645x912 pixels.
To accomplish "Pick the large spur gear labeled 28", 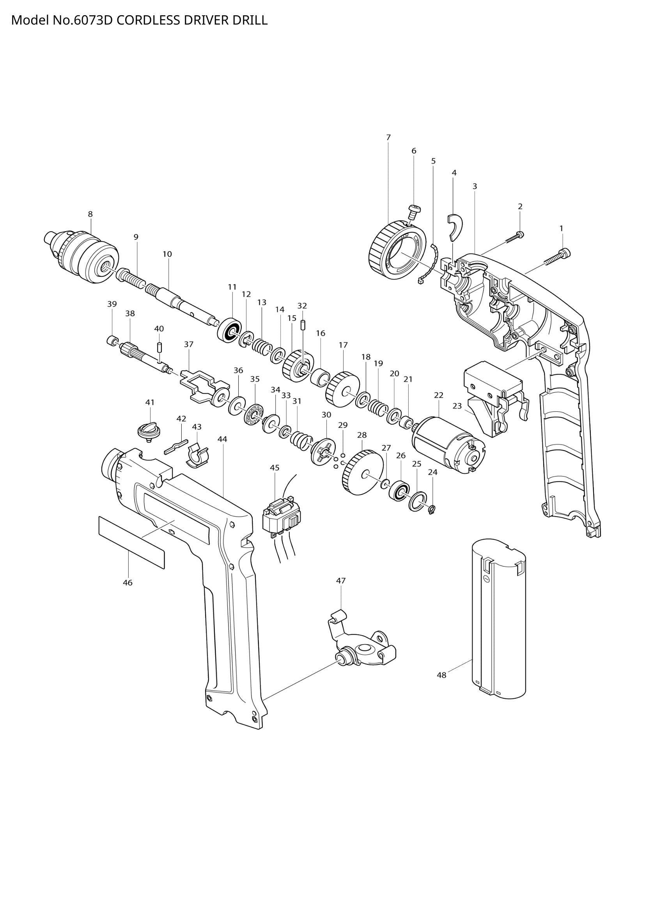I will tap(363, 473).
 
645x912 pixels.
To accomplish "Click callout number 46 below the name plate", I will tap(128, 583).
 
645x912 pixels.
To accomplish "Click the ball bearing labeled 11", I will tap(230, 329).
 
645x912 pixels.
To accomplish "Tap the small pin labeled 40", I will tap(159, 347).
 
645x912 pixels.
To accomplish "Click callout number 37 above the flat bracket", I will tap(189, 344).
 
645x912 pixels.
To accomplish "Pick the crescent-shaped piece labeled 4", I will tap(455, 227).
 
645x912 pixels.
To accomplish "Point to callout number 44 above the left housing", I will tap(222, 439).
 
